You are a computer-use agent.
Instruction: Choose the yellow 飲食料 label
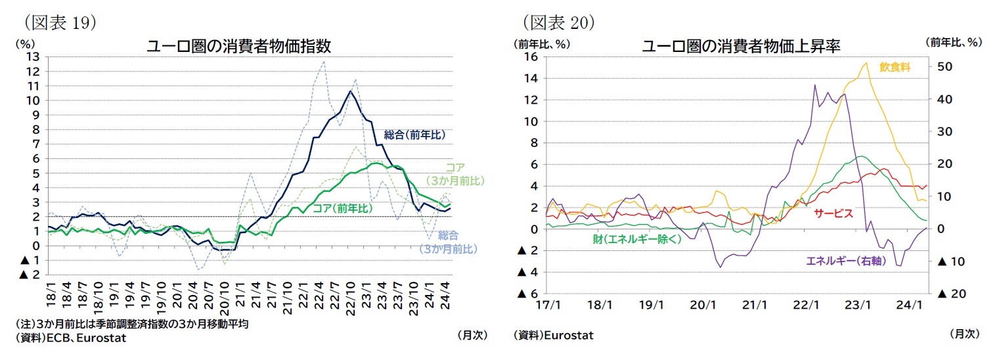(x=894, y=68)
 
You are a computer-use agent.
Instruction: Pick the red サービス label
(x=833, y=213)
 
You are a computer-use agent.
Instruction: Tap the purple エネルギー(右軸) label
(x=846, y=261)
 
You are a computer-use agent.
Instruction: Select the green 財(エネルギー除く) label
(x=637, y=239)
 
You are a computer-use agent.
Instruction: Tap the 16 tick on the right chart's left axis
(x=531, y=56)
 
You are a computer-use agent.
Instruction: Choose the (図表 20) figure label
(x=559, y=22)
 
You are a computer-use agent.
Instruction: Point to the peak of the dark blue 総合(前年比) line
(x=351, y=91)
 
